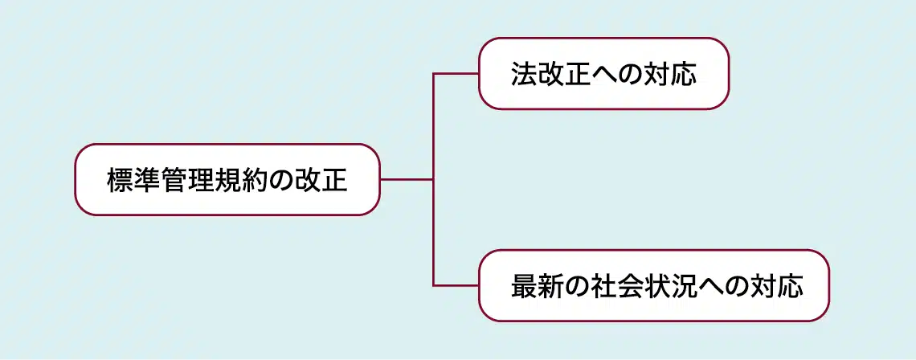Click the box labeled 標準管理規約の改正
[x=227, y=179]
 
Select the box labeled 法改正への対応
[x=603, y=73]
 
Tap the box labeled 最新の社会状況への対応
[x=653, y=285]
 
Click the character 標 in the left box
[x=121, y=180]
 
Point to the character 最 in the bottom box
[x=524, y=286]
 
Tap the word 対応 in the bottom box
[x=776, y=286]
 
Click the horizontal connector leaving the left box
[x=406, y=179]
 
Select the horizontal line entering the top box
[x=456, y=74]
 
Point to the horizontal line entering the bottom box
[x=456, y=285]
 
